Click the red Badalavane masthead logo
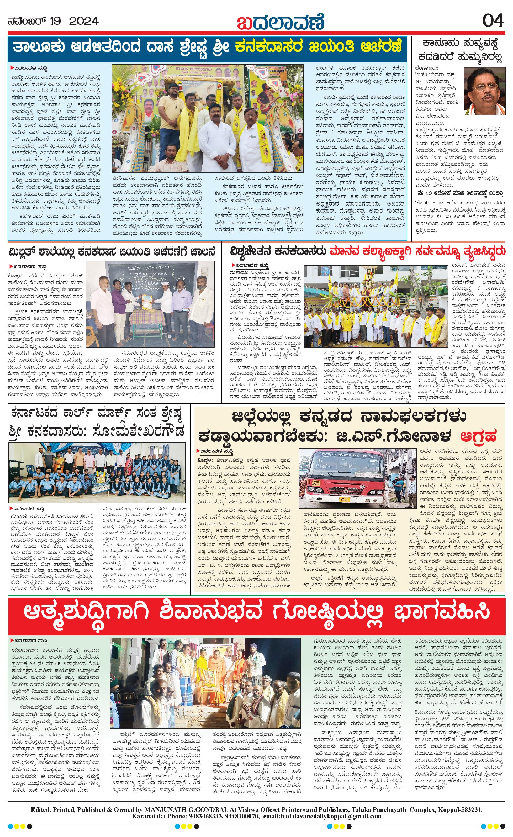(281, 22)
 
